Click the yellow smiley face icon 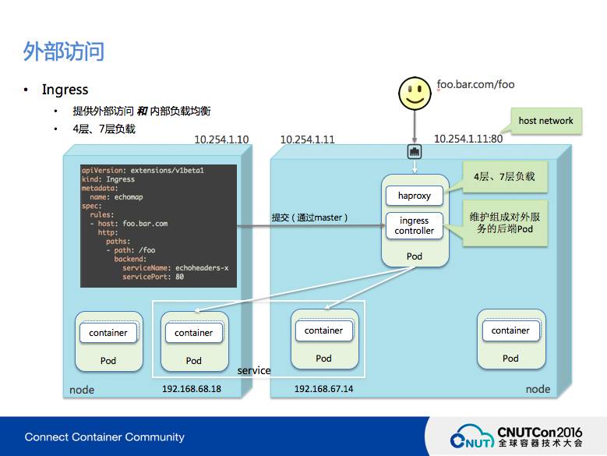(x=415, y=93)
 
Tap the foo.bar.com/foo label (x=475, y=84)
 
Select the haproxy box (x=414, y=195)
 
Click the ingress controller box (x=414, y=226)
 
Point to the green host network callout (x=545, y=121)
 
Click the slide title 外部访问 (x=64, y=52)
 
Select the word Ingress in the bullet (x=65, y=90)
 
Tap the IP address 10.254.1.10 (x=221, y=140)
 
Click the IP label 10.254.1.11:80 (x=468, y=139)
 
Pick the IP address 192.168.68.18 (x=192, y=388)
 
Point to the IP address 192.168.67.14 (x=323, y=388)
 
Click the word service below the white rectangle (x=254, y=370)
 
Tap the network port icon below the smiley (x=415, y=152)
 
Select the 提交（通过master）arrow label (x=309, y=217)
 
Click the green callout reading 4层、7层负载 (x=504, y=177)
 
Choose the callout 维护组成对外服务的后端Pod (x=504, y=224)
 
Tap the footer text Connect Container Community (x=104, y=437)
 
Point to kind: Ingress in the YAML (x=108, y=179)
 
